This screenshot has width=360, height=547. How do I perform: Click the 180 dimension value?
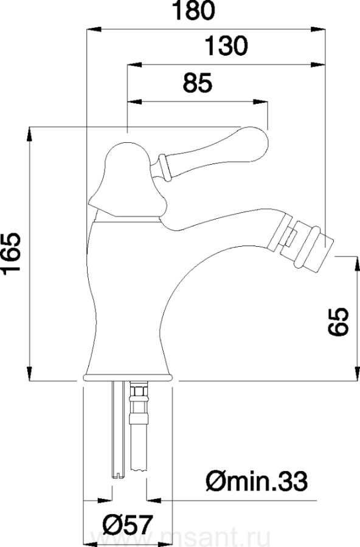[x=194, y=10]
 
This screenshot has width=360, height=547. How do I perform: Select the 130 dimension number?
[x=226, y=46]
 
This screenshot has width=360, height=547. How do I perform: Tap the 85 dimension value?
[x=198, y=83]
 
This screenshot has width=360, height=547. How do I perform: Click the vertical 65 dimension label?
[x=338, y=322]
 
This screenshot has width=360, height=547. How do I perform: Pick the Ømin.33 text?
[x=257, y=481]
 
